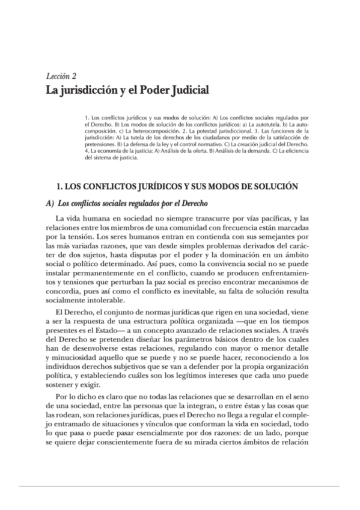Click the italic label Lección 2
click(61, 77)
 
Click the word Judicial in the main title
click(184, 91)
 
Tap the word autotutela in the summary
click(266, 123)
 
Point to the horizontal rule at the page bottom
click(180, 485)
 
